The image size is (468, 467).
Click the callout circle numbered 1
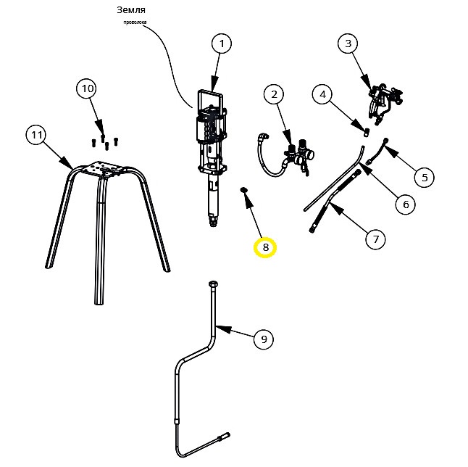tap(222, 44)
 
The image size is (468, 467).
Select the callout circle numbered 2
tap(274, 94)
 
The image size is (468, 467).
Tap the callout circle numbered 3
tap(348, 44)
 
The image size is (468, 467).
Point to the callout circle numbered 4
tap(322, 94)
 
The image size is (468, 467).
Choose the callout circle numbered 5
tap(425, 178)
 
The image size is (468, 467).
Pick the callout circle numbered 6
tap(406, 204)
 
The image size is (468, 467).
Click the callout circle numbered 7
tap(376, 239)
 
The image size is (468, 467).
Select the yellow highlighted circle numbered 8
tap(265, 247)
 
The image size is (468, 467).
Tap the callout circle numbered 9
tap(264, 339)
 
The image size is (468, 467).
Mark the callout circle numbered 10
tap(88, 88)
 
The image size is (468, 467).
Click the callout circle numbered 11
tap(36, 135)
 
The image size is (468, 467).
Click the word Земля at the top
tap(131, 10)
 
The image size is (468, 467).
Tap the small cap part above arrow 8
tap(244, 189)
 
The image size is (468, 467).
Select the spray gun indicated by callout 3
tap(385, 102)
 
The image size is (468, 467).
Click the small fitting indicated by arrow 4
tap(367, 132)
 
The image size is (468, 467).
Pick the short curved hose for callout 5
tap(377, 151)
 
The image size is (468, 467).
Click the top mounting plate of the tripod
tap(102, 169)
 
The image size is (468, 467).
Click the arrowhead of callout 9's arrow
tap(225, 329)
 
